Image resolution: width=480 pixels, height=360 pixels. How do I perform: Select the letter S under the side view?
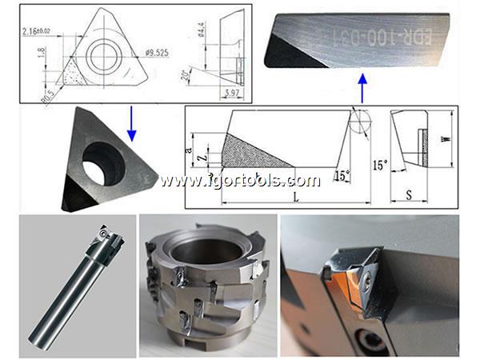point(409,194)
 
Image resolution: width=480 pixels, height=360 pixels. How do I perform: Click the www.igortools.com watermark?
point(240,180)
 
